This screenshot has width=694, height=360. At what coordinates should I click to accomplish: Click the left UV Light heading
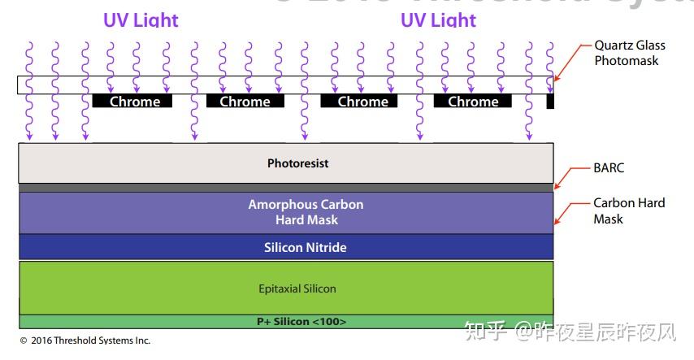(141, 20)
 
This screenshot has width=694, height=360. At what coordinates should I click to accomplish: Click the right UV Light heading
(438, 20)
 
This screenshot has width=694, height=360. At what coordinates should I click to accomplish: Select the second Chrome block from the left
(245, 102)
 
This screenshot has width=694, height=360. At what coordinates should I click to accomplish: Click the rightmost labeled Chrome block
(472, 102)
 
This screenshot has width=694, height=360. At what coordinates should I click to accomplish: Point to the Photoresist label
(297, 163)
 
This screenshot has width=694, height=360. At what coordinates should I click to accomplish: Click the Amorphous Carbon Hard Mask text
(306, 212)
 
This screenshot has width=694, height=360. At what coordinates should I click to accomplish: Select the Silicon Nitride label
(305, 247)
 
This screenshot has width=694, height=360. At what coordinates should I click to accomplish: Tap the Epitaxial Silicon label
(297, 288)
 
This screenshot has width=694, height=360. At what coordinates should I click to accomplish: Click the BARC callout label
(609, 168)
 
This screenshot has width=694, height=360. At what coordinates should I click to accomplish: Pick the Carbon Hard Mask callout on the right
(628, 210)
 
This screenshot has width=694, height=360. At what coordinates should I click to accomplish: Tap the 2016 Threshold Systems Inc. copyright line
(85, 340)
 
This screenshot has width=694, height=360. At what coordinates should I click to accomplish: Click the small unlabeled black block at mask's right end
(550, 102)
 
